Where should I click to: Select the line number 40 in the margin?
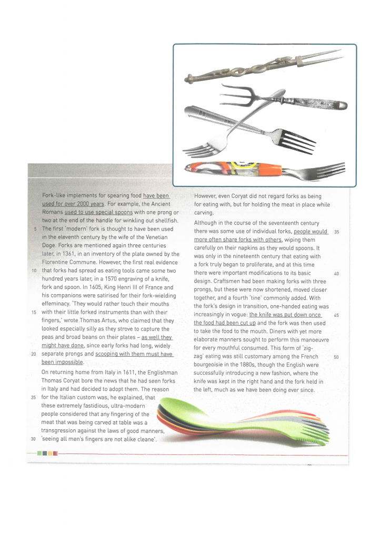tap(336, 273)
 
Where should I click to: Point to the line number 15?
tap(34, 312)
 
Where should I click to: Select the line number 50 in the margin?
tap(336, 357)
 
